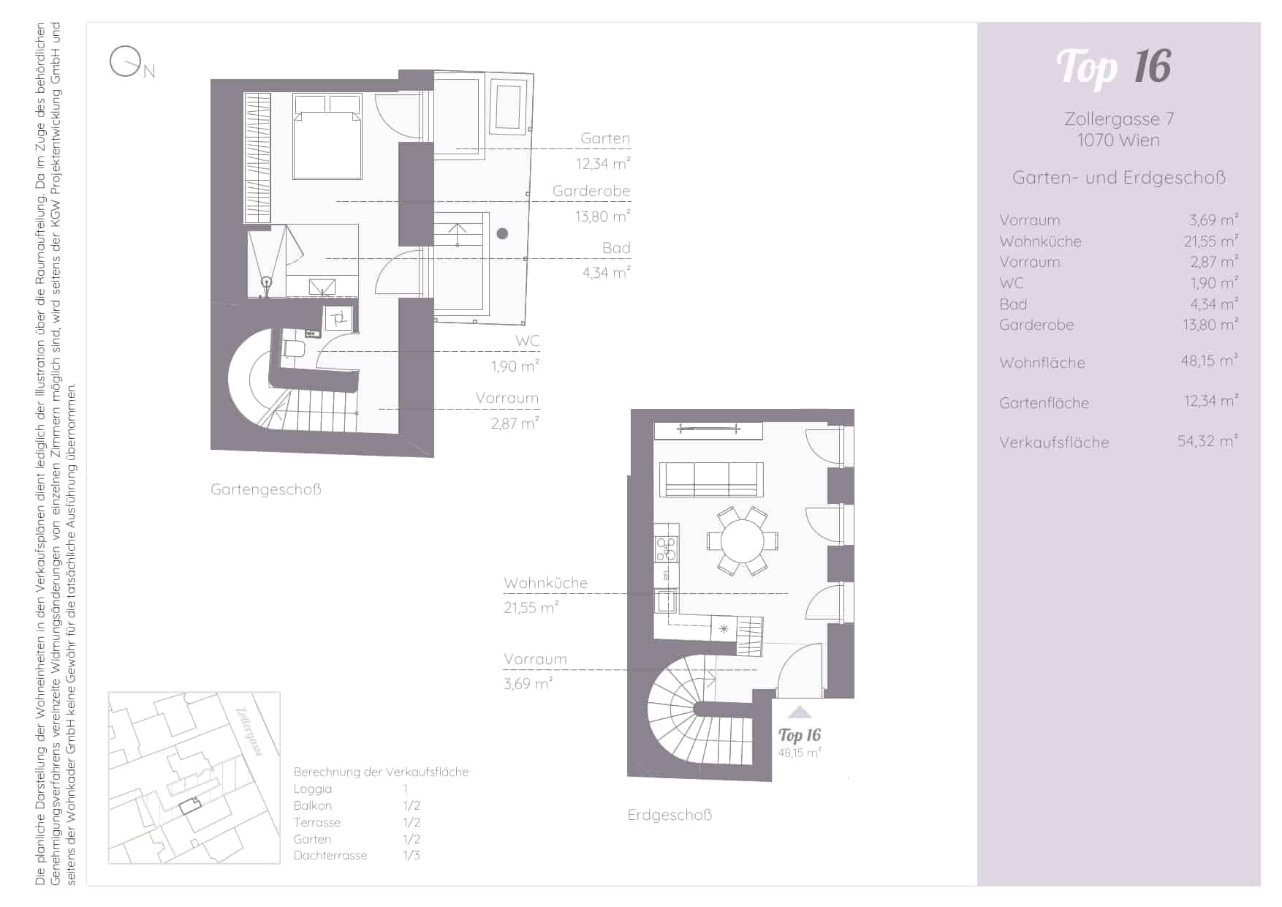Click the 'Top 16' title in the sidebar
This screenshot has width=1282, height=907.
pos(1114,67)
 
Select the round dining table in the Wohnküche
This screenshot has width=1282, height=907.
pos(743,541)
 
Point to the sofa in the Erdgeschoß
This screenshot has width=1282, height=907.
pos(711,480)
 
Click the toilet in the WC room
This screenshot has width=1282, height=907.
pos(293,348)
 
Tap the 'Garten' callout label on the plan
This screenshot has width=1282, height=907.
pos(605,138)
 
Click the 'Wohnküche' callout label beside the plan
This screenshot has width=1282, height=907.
pos(545,583)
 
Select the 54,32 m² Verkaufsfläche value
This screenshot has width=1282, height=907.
pos(1207,441)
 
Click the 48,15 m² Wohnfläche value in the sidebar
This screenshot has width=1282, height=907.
pos(1210,361)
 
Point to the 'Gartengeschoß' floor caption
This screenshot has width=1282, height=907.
pos(266,489)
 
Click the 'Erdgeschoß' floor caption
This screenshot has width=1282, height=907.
pos(670,815)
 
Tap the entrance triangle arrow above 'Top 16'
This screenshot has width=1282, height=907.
pos(800,712)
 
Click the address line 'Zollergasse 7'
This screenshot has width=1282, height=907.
pos(1119,118)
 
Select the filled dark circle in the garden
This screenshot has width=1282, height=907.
pos(502,234)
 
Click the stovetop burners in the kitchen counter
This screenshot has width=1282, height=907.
pos(666,549)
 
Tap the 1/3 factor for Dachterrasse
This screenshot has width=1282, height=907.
pos(411,855)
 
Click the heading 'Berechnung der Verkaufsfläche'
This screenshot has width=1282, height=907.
pos(381,772)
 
